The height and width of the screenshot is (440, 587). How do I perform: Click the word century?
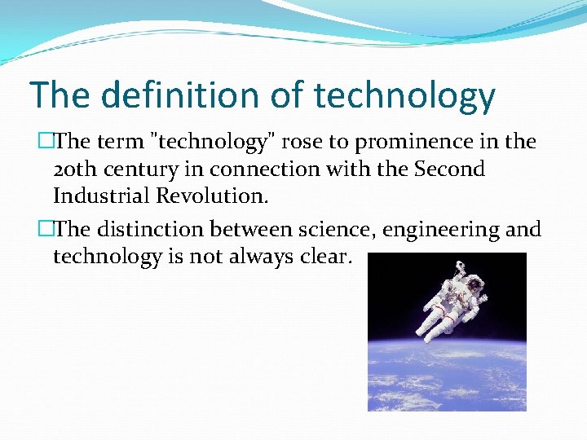click(x=143, y=170)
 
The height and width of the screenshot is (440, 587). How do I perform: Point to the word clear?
click(x=324, y=257)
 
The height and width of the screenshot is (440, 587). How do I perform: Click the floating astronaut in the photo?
click(x=444, y=301)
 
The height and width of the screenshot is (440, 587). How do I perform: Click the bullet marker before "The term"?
click(x=45, y=142)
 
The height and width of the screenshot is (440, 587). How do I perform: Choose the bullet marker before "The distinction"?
click(x=45, y=230)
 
